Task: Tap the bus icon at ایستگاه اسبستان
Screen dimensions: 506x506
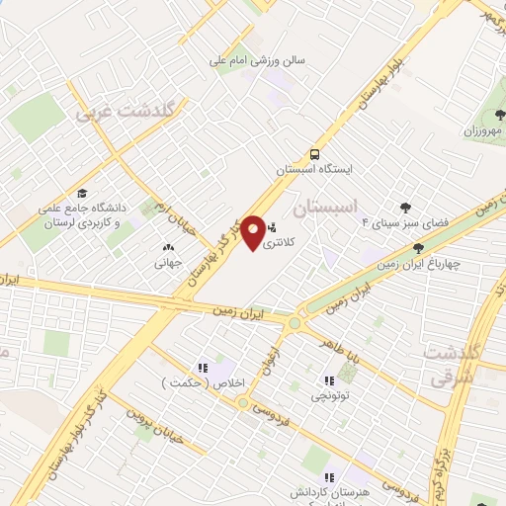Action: (314, 154)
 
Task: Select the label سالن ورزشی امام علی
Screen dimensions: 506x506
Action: (259, 59)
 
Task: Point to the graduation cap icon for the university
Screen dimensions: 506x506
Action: (82, 194)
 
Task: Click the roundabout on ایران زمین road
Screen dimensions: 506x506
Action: (294, 321)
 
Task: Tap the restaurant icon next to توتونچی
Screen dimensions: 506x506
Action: (329, 380)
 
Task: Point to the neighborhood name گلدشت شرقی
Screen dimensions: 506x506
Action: (452, 365)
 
